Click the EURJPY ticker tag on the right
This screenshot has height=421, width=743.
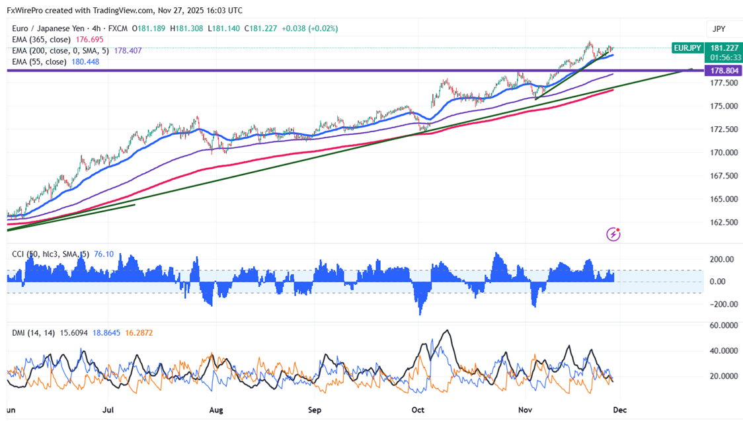pos(687,48)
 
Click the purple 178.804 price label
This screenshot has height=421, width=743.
pos(724,70)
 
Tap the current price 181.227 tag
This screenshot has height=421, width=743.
pos(724,48)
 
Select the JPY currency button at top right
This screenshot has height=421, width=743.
pos(719,28)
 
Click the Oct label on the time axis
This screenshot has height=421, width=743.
pos(418,410)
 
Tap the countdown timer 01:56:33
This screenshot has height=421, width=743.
pos(724,57)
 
